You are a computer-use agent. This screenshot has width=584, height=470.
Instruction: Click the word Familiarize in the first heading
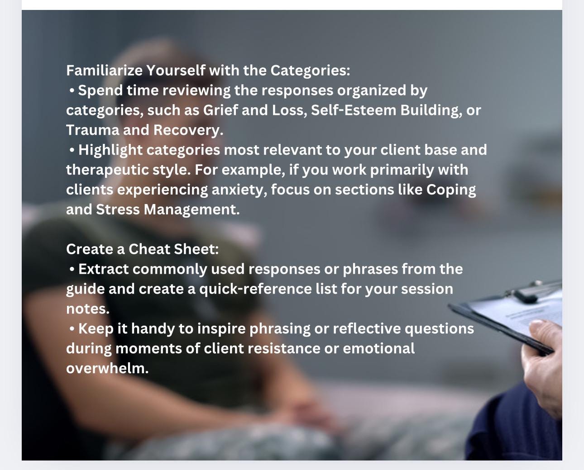[x=105, y=71]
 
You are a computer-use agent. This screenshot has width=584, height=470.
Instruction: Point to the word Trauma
[x=92, y=130]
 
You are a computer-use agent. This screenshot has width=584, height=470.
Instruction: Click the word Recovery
[x=188, y=130]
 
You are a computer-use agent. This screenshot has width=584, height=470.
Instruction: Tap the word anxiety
[x=239, y=190]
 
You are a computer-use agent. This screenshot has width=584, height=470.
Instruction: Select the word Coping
[x=451, y=190]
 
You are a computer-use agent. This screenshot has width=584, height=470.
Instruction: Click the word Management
[x=191, y=209]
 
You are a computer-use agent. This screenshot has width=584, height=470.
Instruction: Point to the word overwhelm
[x=107, y=368]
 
